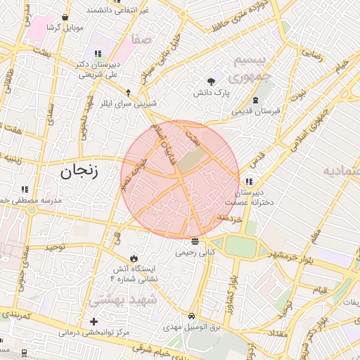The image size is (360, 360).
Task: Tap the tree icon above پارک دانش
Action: pyautogui.click(x=212, y=80)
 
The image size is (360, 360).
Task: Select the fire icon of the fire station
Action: pyautogui.click(x=133, y=258)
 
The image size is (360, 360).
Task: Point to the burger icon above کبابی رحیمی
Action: pyautogui.click(x=195, y=241)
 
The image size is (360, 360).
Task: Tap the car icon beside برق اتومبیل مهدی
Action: pyautogui.click(x=193, y=316)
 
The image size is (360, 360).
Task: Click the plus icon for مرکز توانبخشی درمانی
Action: pyautogui.click(x=94, y=321)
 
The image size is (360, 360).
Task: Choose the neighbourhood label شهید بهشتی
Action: pyautogui.click(x=115, y=300)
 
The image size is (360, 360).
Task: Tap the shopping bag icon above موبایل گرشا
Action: pyautogui.click(x=65, y=17)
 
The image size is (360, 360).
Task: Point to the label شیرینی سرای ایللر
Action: pyautogui.click(x=127, y=103)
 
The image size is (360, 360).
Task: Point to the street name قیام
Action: pyautogui.click(x=320, y=290)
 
